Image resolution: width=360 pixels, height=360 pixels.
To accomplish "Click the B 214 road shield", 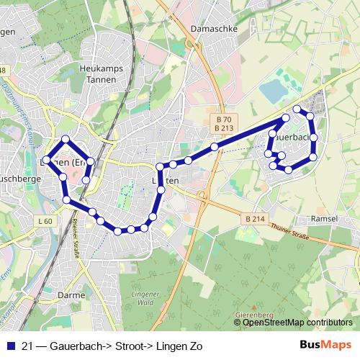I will pyautogui.click(x=255, y=218).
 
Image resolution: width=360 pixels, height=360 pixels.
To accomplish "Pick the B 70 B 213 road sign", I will pyautogui.click(x=224, y=123).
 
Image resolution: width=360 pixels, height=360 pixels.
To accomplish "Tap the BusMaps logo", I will pyautogui.click(x=325, y=345).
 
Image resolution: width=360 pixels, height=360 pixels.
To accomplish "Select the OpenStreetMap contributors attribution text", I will pyautogui.click(x=297, y=323).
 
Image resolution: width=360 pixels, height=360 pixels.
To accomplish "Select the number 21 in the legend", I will pyautogui.click(x=28, y=346).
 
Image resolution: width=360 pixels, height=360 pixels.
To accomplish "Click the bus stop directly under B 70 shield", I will pyautogui.click(x=215, y=147).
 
